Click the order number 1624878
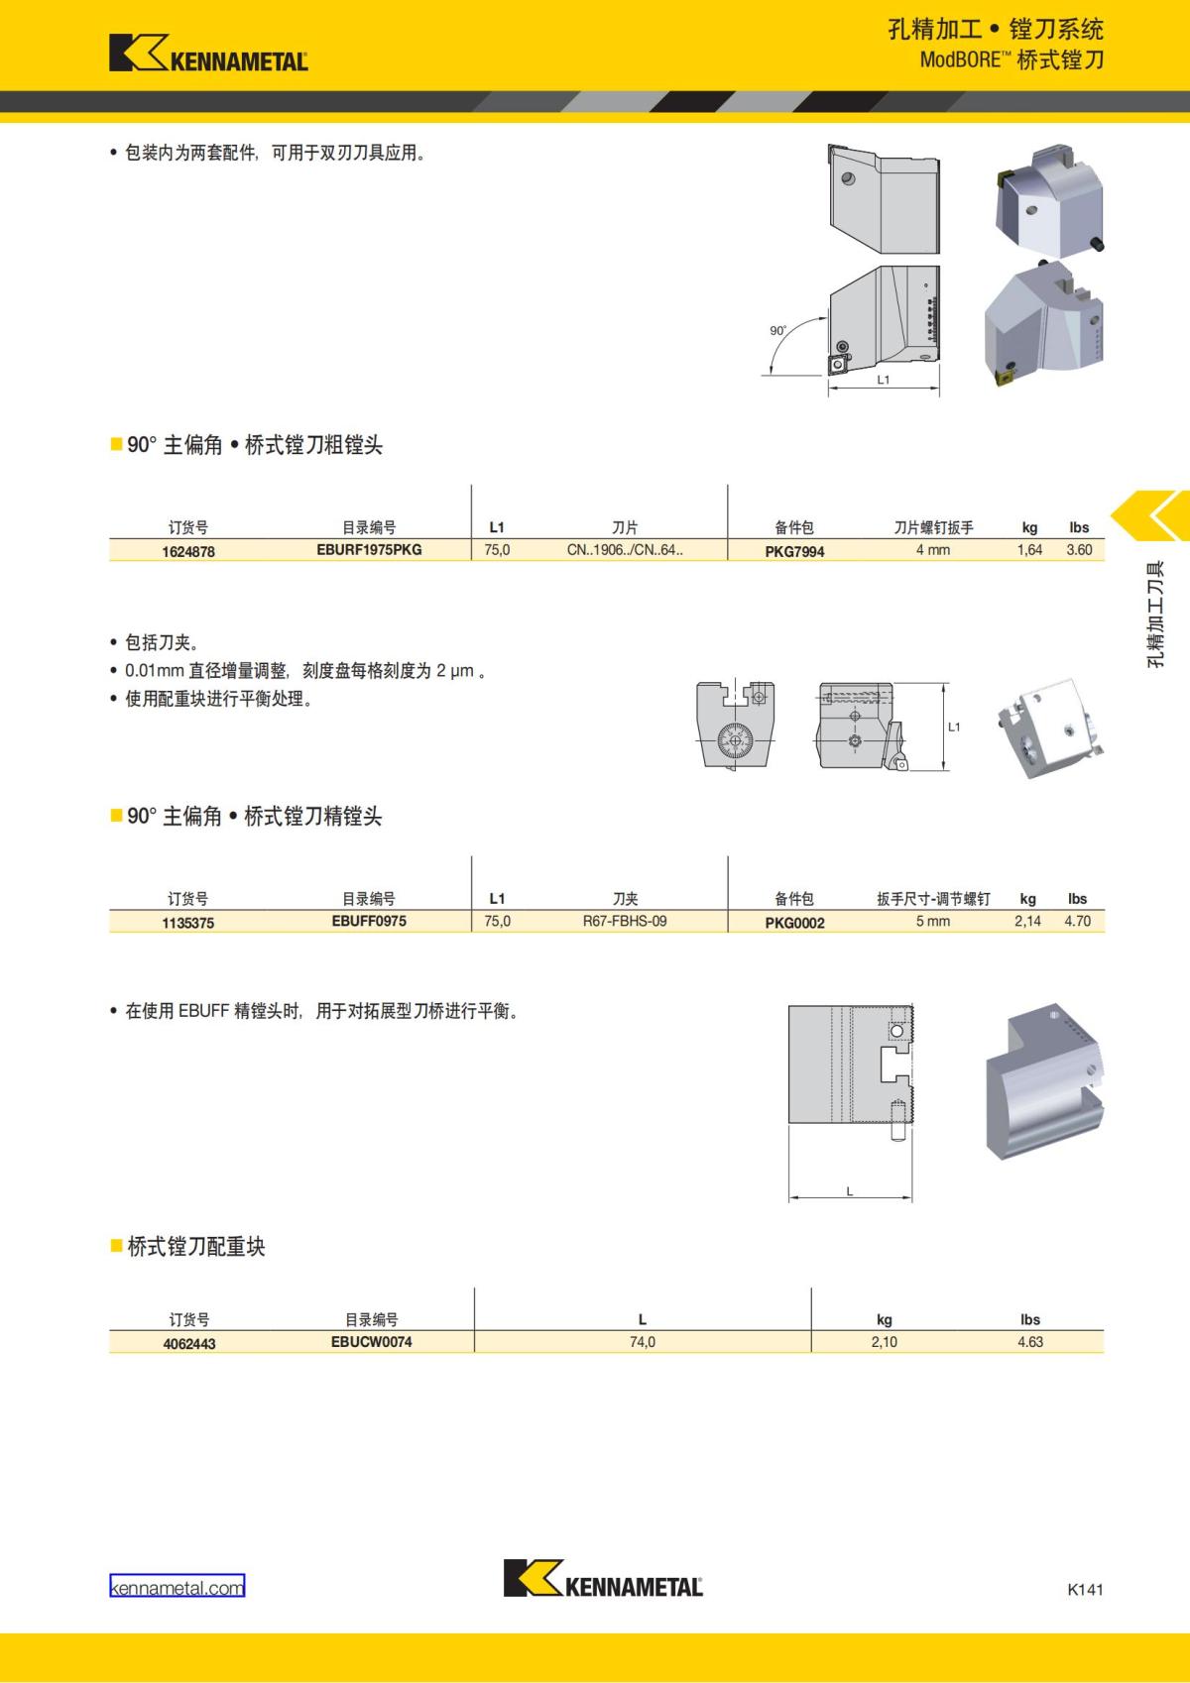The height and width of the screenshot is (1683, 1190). pos(187,551)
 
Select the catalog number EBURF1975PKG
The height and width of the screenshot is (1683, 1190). pos(369,549)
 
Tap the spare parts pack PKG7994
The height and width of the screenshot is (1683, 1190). pos(794,551)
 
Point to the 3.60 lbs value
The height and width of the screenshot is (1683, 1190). pos(1079,549)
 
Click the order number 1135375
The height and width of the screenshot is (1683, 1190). pos(187,923)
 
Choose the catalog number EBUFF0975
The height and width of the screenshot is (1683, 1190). pos(369,921)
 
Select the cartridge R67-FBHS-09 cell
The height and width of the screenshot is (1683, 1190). pos(625,921)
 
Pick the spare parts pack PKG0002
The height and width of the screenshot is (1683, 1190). pos(794,923)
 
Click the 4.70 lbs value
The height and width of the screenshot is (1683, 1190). pos(1077,921)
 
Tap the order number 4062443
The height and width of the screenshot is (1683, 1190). pos(188,1344)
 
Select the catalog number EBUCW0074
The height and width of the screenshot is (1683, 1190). pos(372,1342)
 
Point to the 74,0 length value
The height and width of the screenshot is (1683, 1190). pos(643,1342)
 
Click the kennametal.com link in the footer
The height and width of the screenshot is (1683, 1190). pos(177,1588)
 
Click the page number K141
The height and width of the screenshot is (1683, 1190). pos(1085,1589)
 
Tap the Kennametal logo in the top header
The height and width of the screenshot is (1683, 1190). pos(208,54)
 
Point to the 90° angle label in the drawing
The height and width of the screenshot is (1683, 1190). pos(777,331)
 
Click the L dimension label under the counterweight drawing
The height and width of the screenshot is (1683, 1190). pos(850,1192)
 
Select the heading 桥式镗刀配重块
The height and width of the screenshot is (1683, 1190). pos(195,1247)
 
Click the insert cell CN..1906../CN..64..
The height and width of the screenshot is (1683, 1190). pos(625,549)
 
